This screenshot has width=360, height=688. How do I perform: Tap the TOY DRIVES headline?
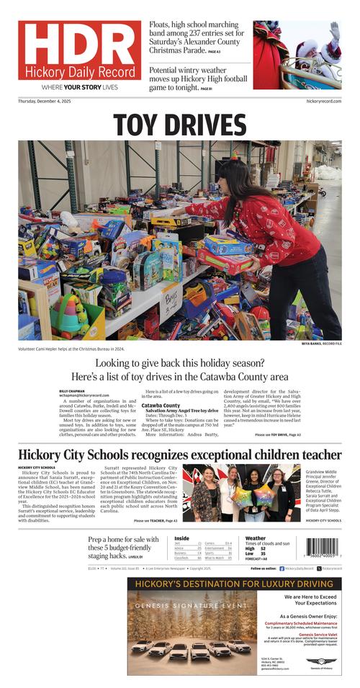click(180, 125)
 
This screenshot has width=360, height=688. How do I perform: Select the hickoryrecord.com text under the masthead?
click(323, 102)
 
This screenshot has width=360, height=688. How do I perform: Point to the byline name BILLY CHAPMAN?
click(73, 390)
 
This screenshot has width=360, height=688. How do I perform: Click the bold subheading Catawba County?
click(161, 406)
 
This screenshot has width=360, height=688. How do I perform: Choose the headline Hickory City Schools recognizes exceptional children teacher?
click(180, 455)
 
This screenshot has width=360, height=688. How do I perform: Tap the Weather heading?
click(255, 537)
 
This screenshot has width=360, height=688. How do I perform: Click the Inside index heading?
click(181, 537)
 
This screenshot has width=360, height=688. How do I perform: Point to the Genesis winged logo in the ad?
click(317, 661)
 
